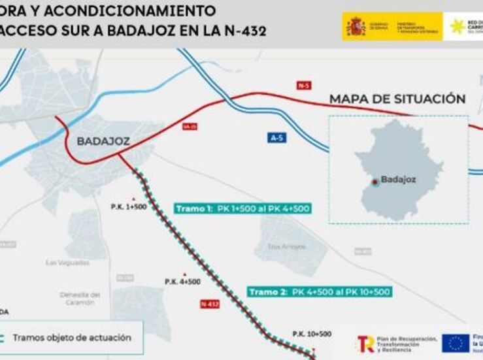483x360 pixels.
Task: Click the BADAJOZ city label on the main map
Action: pos(103,141)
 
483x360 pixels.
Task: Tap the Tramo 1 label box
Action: pos(242,208)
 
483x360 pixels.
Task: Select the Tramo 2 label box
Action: pos(320,291)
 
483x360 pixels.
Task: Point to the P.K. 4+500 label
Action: pos(182,282)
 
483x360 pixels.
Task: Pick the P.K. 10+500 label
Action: pos(312,334)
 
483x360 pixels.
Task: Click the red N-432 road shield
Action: pos(210,304)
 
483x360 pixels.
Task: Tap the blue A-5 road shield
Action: pos(277,138)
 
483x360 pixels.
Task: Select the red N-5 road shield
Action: pos(303,85)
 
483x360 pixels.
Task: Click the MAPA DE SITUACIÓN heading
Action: pos(397,99)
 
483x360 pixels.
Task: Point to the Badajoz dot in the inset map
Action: pos(375,182)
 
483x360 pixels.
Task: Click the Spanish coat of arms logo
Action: pos(356,27)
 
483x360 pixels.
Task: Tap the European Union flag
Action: pos(455,343)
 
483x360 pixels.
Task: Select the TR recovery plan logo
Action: pos(365,343)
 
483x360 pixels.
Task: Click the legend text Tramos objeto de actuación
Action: pos(72,338)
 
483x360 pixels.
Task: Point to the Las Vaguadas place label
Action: pos(68,262)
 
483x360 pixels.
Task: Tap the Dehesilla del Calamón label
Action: pos(80,298)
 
